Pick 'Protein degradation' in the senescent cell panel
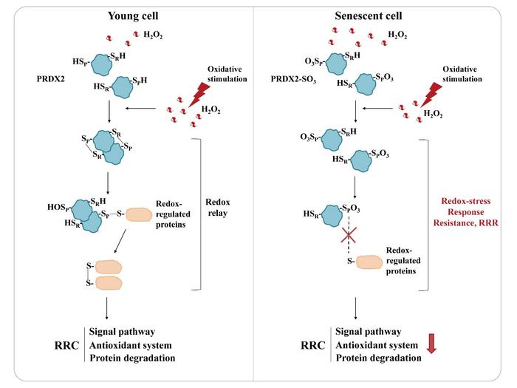coord(379,358)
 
